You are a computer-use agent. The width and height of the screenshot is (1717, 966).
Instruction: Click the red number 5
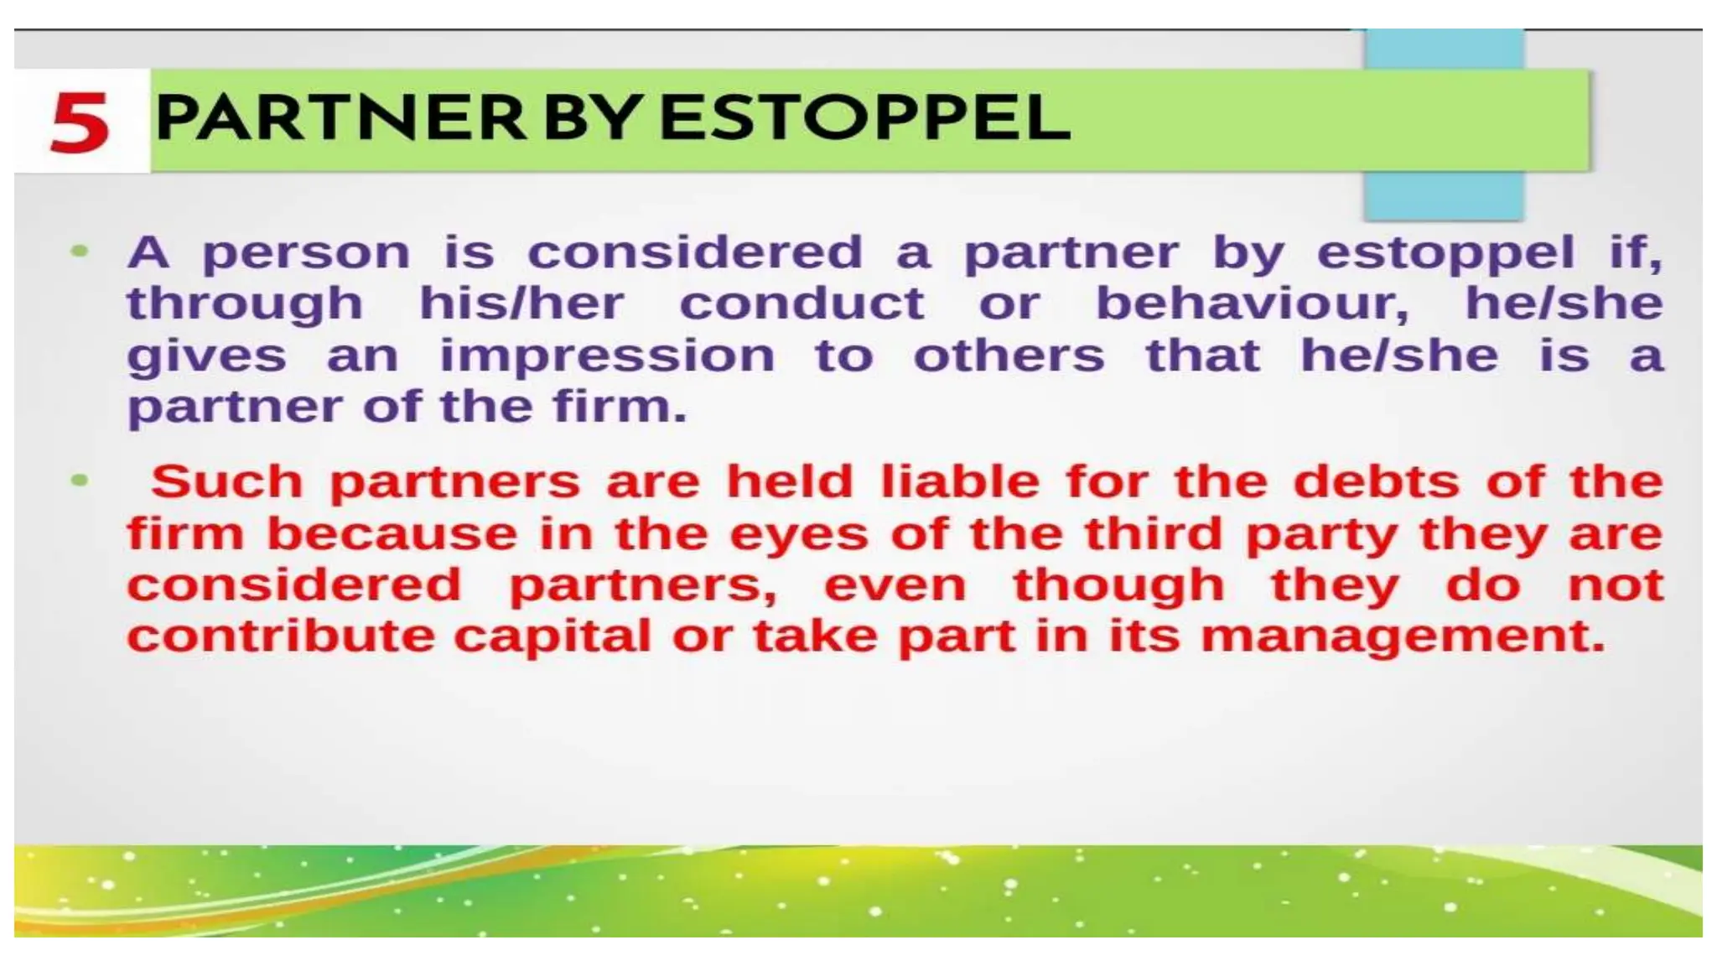tap(80, 122)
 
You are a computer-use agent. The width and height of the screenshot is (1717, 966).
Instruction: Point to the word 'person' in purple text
tap(306, 253)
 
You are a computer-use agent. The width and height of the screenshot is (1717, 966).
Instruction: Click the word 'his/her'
tap(521, 304)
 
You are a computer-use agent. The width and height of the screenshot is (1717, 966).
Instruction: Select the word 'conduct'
tap(801, 304)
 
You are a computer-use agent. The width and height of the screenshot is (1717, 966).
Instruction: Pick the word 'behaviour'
tap(1253, 304)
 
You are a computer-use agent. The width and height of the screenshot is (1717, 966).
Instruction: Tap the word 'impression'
tap(607, 356)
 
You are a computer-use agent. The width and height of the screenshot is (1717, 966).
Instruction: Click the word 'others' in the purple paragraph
tap(1009, 356)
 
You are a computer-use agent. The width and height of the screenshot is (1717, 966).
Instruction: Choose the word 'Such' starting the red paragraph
tap(226, 482)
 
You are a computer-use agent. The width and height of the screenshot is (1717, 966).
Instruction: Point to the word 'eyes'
tap(799, 535)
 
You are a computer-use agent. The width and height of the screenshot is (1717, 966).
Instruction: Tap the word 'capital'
tap(552, 636)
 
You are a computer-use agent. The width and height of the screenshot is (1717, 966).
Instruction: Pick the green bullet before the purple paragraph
tap(80, 250)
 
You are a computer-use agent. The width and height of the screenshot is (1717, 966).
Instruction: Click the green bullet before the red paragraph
tap(80, 480)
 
